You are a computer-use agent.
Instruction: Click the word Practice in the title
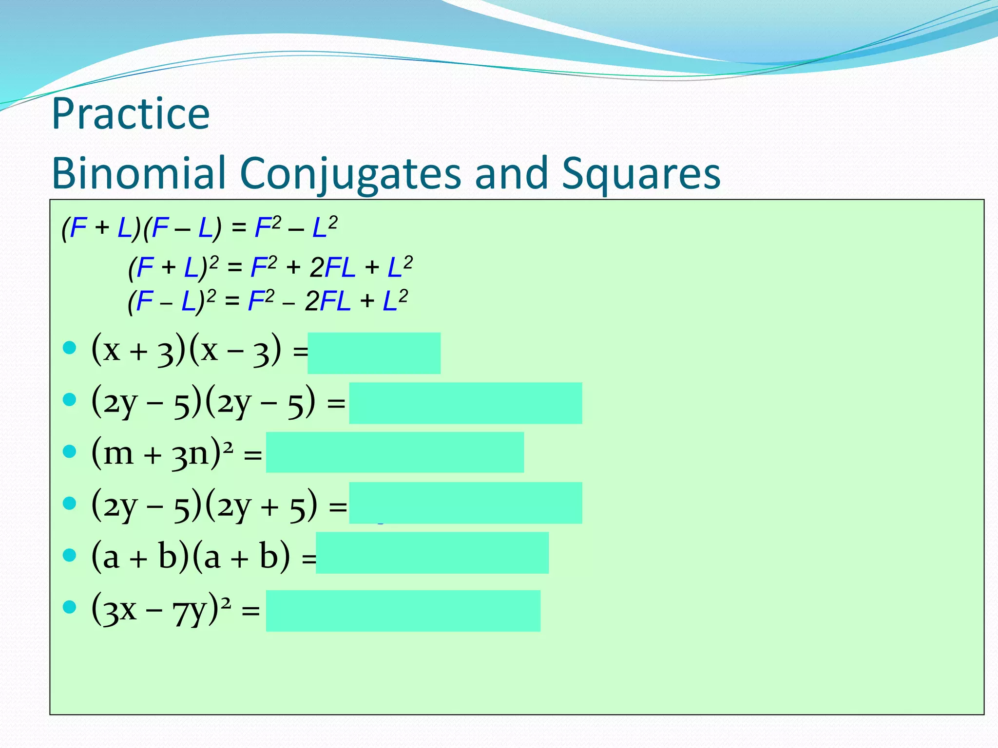click(x=131, y=114)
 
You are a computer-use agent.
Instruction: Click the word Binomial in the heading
click(x=139, y=173)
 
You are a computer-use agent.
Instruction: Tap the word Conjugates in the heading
click(x=350, y=174)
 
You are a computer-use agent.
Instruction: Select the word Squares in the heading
click(x=641, y=174)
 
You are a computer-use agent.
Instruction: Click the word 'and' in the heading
click(x=511, y=173)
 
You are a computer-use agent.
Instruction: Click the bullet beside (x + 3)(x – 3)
click(x=70, y=348)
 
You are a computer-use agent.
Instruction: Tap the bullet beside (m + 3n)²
click(x=70, y=451)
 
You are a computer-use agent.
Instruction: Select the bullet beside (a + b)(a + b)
click(x=70, y=555)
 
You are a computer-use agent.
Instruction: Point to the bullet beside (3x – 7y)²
click(x=70, y=607)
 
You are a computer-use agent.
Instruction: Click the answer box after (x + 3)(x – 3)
click(x=374, y=353)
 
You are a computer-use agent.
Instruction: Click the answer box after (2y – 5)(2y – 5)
click(x=465, y=403)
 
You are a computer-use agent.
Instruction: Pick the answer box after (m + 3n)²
click(x=395, y=452)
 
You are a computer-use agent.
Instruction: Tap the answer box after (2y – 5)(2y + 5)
click(x=465, y=503)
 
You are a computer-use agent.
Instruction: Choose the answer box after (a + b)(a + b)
click(x=432, y=553)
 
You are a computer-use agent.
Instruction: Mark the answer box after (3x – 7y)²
click(x=403, y=611)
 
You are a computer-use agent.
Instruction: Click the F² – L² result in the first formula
click(x=296, y=227)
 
